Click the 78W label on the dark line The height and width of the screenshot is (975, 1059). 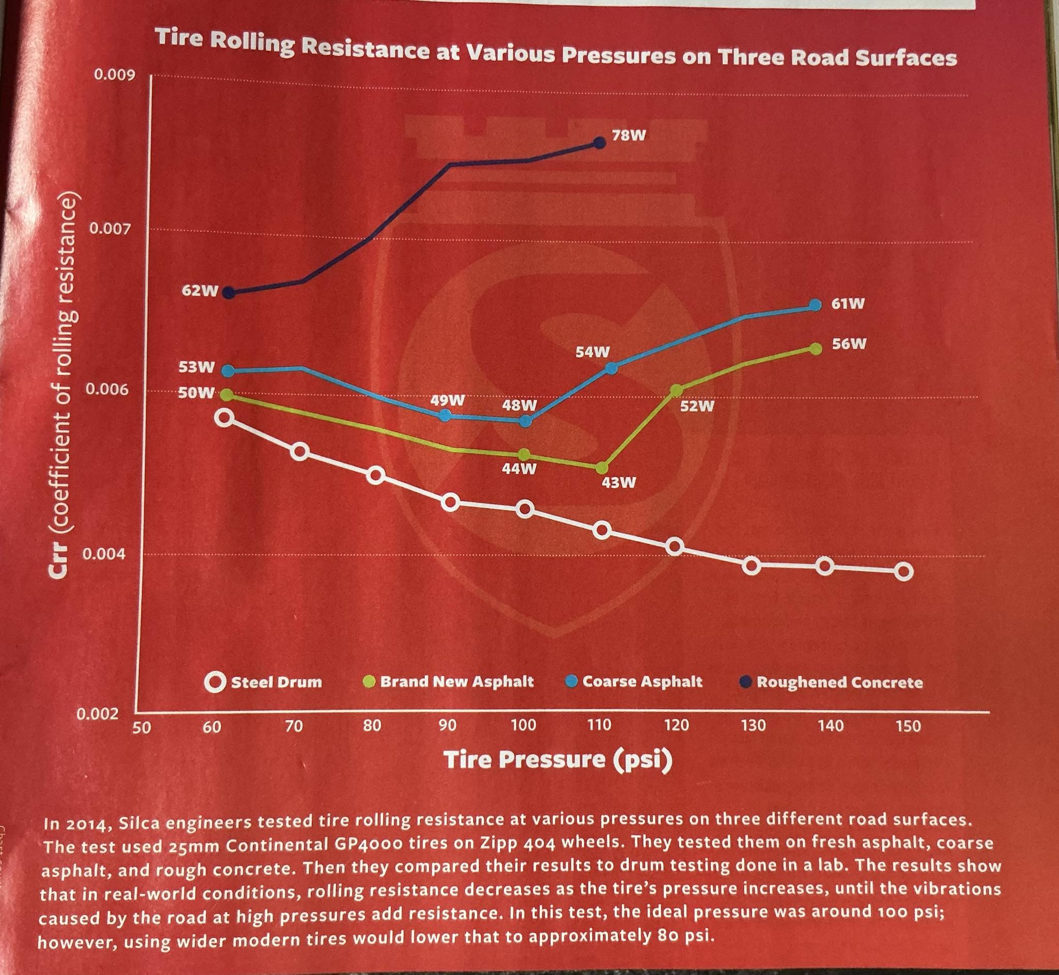click(629, 135)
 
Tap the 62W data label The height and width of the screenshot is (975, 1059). click(200, 290)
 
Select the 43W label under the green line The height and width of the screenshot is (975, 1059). click(619, 482)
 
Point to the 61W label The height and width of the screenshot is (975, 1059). click(848, 304)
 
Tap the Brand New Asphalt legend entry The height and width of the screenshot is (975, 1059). click(449, 681)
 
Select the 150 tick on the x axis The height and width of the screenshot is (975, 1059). click(908, 726)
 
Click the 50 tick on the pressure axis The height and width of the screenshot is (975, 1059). click(141, 727)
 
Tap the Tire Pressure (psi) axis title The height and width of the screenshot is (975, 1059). click(558, 760)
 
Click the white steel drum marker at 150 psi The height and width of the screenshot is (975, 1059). click(904, 571)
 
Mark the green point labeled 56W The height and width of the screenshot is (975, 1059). click(816, 348)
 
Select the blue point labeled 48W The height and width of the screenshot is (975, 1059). click(525, 420)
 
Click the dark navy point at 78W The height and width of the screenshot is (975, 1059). click(599, 143)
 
